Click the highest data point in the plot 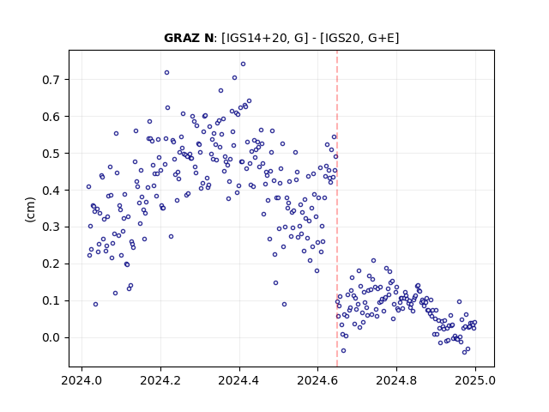[243, 64]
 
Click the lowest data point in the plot [465, 352]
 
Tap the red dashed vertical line [337, 209]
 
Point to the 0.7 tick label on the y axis [51, 80]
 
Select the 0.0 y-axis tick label [51, 337]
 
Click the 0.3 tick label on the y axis [51, 227]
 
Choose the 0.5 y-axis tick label [51, 154]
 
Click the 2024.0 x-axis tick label [81, 380]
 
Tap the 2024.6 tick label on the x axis [317, 380]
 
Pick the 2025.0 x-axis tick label [475, 380]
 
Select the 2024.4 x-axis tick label [239, 380]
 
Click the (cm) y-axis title [31, 209]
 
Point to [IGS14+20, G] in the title [265, 38]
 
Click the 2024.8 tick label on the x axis [396, 380]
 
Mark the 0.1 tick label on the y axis [51, 301]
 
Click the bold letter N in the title [208, 38]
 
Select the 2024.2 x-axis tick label [160, 380]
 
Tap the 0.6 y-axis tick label [51, 117]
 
